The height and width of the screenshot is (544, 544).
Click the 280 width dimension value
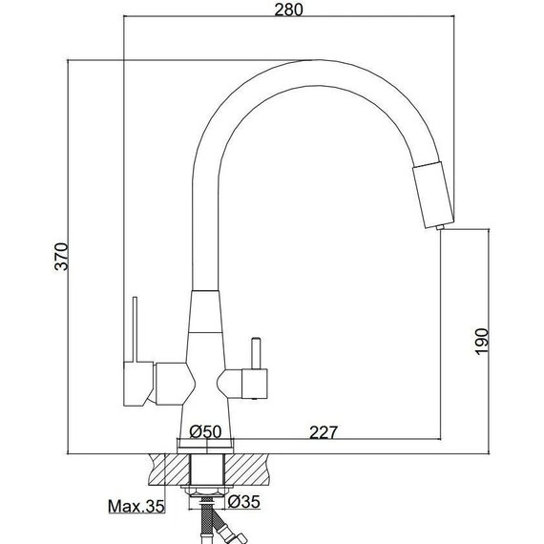click(288, 10)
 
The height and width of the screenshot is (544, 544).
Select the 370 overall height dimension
click(61, 257)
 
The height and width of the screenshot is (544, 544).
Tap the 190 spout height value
click(482, 342)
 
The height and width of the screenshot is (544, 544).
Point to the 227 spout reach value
click(324, 432)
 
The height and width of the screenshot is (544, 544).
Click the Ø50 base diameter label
click(205, 431)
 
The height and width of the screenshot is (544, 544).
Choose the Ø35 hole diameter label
click(244, 502)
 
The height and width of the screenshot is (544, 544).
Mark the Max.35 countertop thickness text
click(136, 506)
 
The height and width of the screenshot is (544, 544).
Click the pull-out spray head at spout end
click(433, 195)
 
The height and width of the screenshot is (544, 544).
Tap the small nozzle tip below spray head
click(440, 227)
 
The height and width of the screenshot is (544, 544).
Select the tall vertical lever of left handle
click(135, 329)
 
